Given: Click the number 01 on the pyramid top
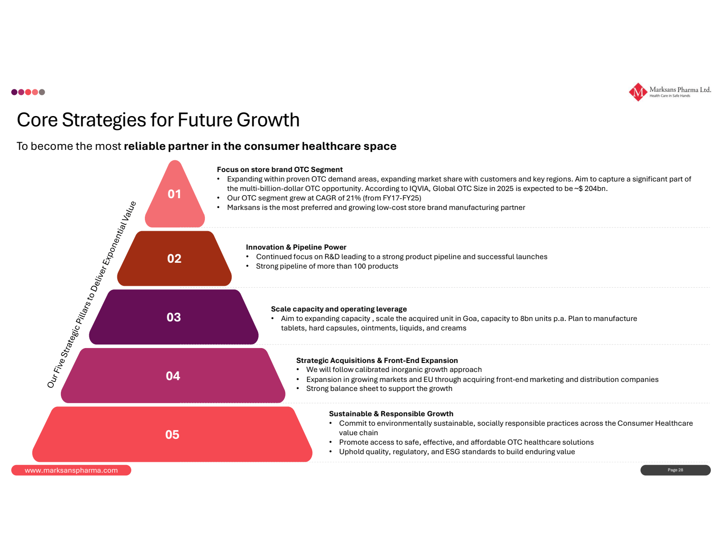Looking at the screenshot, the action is click(x=174, y=194).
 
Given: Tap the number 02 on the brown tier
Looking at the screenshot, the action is click(x=174, y=258).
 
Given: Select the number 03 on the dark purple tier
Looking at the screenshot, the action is click(x=173, y=317).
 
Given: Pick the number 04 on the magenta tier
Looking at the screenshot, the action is click(x=173, y=376).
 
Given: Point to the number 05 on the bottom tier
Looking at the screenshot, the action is click(x=172, y=434).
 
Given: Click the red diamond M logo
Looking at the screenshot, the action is click(x=638, y=92).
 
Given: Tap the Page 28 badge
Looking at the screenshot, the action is click(x=675, y=470).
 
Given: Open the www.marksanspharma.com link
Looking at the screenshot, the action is click(x=71, y=470).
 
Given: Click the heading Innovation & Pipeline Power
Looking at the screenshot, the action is click(x=296, y=247).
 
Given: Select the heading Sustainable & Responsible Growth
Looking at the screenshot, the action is click(x=391, y=414).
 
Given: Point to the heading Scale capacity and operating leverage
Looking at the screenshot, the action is click(x=338, y=309).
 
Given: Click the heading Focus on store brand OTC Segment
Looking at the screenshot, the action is click(x=280, y=169).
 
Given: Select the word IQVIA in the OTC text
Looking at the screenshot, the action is click(x=419, y=188).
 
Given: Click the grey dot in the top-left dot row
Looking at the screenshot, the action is click(x=42, y=92).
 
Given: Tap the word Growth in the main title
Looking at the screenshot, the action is click(x=268, y=120).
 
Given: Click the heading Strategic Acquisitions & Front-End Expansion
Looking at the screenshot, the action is click(x=377, y=360).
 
